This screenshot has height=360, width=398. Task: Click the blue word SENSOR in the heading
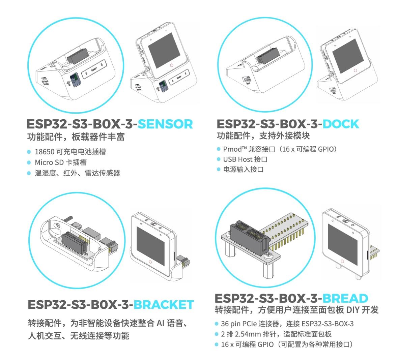pyautogui.click(x=165, y=124)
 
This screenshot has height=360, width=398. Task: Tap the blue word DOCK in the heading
pyautogui.click(x=341, y=124)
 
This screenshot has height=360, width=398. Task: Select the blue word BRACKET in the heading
pyautogui.click(x=164, y=304)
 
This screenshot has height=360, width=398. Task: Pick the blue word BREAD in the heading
pyautogui.click(x=345, y=298)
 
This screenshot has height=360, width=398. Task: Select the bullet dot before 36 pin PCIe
pyautogui.click(x=217, y=324)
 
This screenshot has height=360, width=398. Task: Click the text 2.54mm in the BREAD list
pyautogui.click(x=249, y=334)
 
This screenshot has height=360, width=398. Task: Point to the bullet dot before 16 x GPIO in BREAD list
pyautogui.click(x=217, y=344)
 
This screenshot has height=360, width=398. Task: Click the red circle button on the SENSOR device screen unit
pyautogui.click(x=172, y=65)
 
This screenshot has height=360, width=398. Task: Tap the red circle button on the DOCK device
pyautogui.click(x=355, y=70)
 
